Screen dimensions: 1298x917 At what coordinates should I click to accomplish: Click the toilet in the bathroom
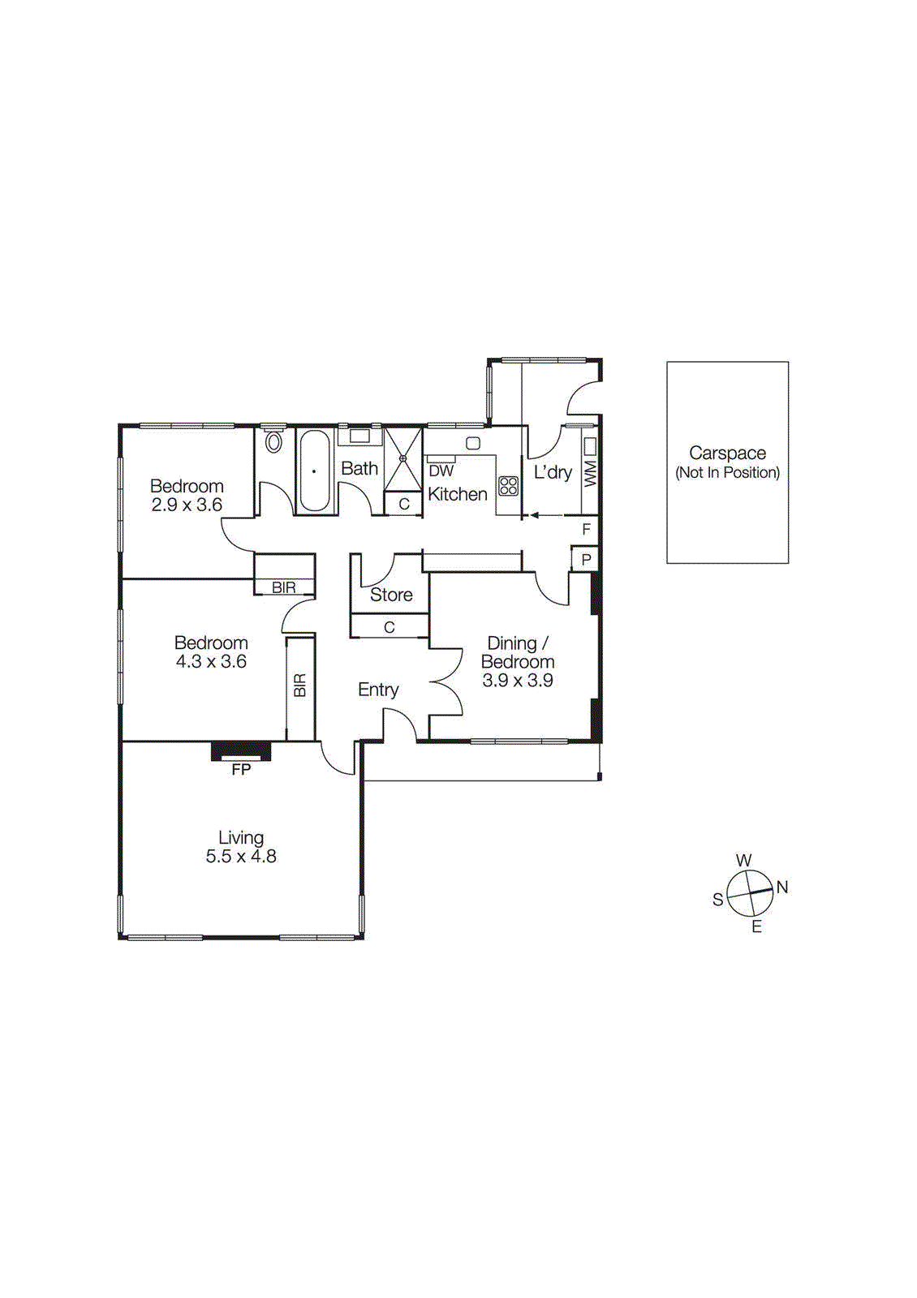(x=273, y=442)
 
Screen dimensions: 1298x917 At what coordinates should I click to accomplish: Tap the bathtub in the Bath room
(x=314, y=471)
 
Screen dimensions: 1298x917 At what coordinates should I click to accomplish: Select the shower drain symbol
(x=403, y=458)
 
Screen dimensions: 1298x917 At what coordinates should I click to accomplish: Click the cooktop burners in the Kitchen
(x=509, y=486)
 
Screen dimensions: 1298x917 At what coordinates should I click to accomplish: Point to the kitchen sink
(x=472, y=443)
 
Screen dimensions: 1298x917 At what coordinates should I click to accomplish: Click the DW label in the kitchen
(x=441, y=471)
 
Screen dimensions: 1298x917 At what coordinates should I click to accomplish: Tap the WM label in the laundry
(x=590, y=473)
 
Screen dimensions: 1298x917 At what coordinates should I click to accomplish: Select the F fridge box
(x=586, y=529)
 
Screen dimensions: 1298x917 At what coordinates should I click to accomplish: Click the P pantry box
(x=586, y=560)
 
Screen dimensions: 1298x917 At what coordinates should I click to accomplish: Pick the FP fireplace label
(x=241, y=769)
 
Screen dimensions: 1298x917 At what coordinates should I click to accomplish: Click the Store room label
(x=391, y=595)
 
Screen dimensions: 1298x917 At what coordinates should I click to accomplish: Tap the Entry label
(x=378, y=690)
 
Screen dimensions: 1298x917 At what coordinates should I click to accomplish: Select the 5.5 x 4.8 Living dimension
(x=241, y=857)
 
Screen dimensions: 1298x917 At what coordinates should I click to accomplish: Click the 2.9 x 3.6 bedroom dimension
(x=187, y=505)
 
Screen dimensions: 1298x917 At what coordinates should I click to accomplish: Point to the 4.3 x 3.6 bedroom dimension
(x=211, y=662)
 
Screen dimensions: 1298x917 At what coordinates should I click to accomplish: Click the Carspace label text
(x=727, y=453)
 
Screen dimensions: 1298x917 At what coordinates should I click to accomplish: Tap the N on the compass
(x=782, y=887)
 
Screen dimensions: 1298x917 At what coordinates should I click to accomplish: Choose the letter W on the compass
(x=743, y=861)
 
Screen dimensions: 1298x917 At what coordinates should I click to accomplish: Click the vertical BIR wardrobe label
(x=300, y=686)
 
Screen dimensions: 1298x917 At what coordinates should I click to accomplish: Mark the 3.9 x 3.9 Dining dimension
(x=518, y=681)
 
